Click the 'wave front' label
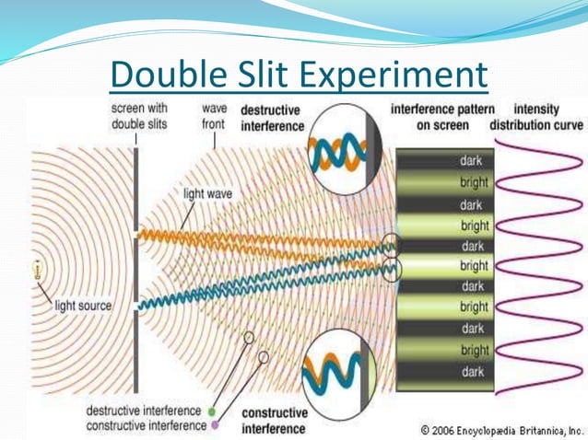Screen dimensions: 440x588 pos(214,116)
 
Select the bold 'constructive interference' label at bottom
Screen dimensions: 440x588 pos(275,421)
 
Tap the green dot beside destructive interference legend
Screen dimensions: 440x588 pos(213,411)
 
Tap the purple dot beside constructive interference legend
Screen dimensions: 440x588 pos(213,425)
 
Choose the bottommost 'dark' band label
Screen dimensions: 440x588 pos(472,372)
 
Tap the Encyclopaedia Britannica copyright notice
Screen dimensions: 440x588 pos(501,429)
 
